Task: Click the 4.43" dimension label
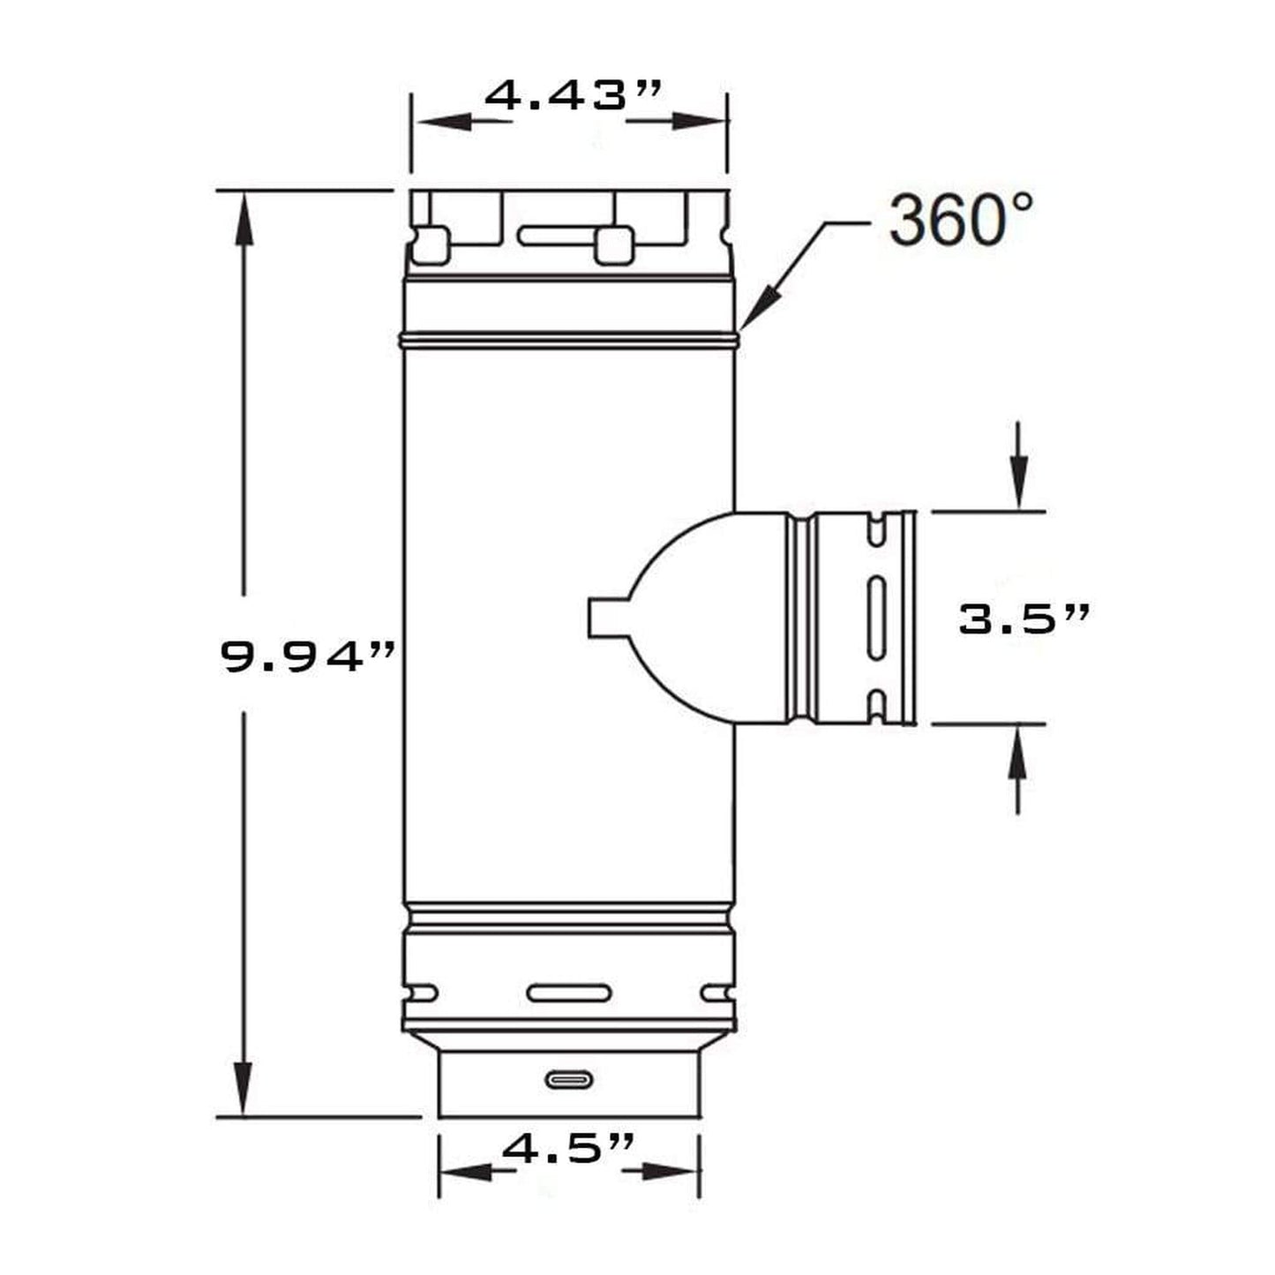coord(573,96)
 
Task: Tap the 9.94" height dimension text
coord(308,658)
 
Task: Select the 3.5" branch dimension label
coord(1024,620)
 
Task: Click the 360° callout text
coord(960,221)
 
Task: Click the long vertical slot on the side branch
coord(876,618)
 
